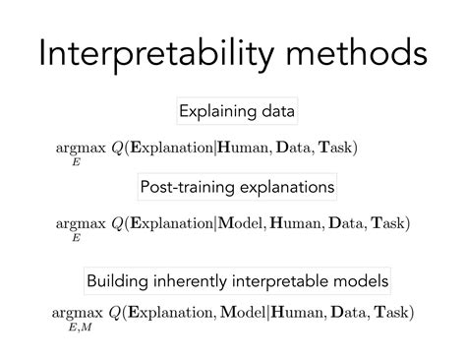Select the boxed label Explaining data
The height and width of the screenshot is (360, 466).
tap(237, 111)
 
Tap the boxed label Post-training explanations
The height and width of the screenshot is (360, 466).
tap(237, 186)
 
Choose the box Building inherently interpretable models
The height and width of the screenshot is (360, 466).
tap(237, 281)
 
